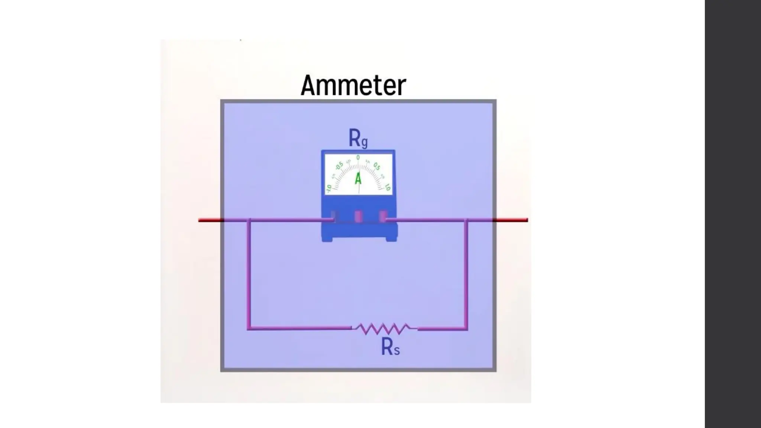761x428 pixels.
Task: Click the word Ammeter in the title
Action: tap(353, 85)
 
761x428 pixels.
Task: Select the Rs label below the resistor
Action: tap(390, 348)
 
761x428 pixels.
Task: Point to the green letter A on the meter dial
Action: tap(358, 179)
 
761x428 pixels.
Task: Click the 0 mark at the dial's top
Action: tap(358, 158)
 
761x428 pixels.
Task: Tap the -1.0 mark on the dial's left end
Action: tap(329, 188)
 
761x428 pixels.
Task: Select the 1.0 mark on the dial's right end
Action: tap(387, 188)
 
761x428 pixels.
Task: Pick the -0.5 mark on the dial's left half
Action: tap(339, 166)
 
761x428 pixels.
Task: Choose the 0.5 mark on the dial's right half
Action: tap(377, 166)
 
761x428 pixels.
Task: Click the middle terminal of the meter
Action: tap(358, 216)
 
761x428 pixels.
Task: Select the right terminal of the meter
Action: tap(382, 216)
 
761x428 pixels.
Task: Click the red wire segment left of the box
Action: tap(210, 220)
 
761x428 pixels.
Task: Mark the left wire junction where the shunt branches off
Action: tap(249, 220)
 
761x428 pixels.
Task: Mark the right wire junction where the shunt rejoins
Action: tap(466, 220)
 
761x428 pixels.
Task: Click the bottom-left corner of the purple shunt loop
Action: tap(249, 328)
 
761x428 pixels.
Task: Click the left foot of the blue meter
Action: tap(327, 239)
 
